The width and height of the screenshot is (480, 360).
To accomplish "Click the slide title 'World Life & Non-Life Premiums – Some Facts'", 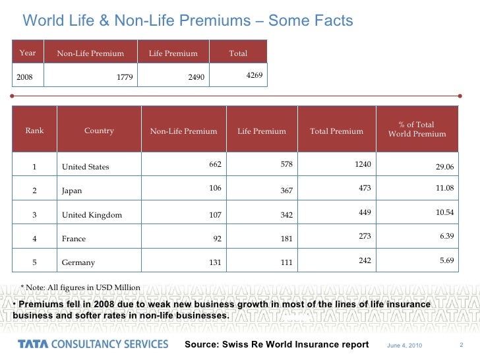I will (x=188, y=21).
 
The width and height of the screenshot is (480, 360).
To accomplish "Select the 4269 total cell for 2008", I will (x=255, y=76).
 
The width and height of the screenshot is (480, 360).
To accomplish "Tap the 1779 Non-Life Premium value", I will (x=125, y=77).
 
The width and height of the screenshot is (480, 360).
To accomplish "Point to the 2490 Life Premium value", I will (x=196, y=77).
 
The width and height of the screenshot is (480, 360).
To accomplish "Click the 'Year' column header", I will (x=28, y=53).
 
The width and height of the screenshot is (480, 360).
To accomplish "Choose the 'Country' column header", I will (x=99, y=131).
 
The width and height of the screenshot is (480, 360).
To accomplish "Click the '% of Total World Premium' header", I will (x=417, y=129).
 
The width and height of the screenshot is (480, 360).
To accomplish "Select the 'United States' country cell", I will (x=85, y=167).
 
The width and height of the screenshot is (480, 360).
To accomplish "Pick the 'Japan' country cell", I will (x=72, y=191).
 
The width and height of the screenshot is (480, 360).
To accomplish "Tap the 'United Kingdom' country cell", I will (x=92, y=214).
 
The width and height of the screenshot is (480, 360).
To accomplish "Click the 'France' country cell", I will (x=74, y=239).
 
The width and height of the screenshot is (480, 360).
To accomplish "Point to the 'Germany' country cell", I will (x=78, y=262).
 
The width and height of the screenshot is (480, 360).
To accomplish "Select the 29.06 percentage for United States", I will (x=445, y=167).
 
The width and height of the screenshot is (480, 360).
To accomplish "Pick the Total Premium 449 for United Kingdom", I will (x=365, y=213).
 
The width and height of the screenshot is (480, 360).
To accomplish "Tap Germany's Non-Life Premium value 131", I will (x=214, y=262).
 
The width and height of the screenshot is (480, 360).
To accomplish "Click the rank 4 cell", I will (x=34, y=239).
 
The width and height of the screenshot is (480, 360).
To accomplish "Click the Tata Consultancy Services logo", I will (x=93, y=344).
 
